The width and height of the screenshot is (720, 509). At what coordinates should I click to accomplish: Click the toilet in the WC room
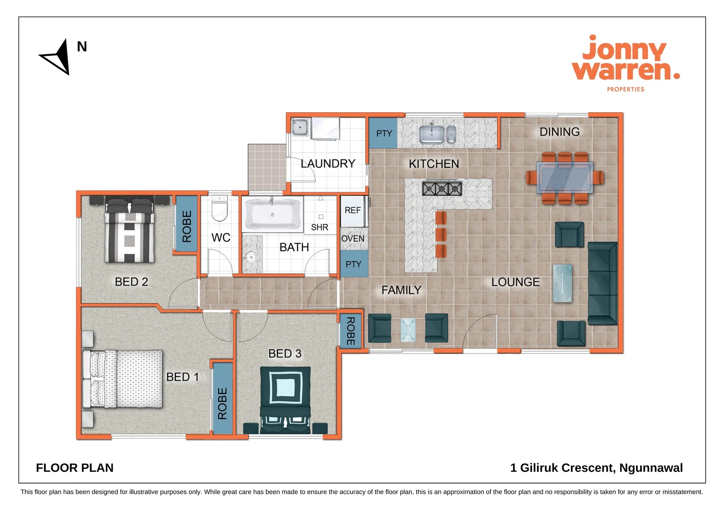tap(220, 209)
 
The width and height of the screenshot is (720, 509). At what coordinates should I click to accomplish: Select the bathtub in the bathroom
tap(273, 214)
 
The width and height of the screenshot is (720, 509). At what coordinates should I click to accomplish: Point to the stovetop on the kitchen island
tap(442, 189)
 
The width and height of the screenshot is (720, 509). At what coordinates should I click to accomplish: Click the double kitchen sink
tap(437, 134)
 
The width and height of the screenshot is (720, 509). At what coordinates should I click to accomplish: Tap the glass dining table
tap(565, 177)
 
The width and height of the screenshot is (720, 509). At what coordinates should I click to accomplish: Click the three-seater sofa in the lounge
tap(602, 283)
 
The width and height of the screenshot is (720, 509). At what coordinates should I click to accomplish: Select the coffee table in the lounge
tap(563, 283)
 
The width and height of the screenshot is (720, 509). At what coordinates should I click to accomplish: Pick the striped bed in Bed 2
tap(130, 231)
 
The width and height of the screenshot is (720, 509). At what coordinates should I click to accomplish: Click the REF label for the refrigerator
tap(352, 210)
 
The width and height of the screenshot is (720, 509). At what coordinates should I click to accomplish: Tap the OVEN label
tap(352, 238)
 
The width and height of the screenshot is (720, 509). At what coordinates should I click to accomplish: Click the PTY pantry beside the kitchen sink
tap(384, 133)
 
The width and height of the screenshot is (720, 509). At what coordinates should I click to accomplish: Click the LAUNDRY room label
tap(328, 164)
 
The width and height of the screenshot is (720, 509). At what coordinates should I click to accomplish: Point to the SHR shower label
tap(319, 227)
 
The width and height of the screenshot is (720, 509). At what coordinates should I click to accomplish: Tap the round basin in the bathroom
tap(250, 257)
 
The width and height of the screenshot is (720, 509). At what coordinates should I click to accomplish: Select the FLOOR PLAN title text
tap(74, 468)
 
